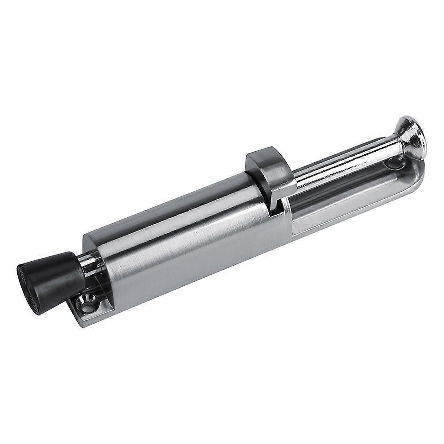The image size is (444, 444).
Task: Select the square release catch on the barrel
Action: click(268, 175)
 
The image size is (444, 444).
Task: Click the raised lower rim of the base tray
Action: click(355, 217)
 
